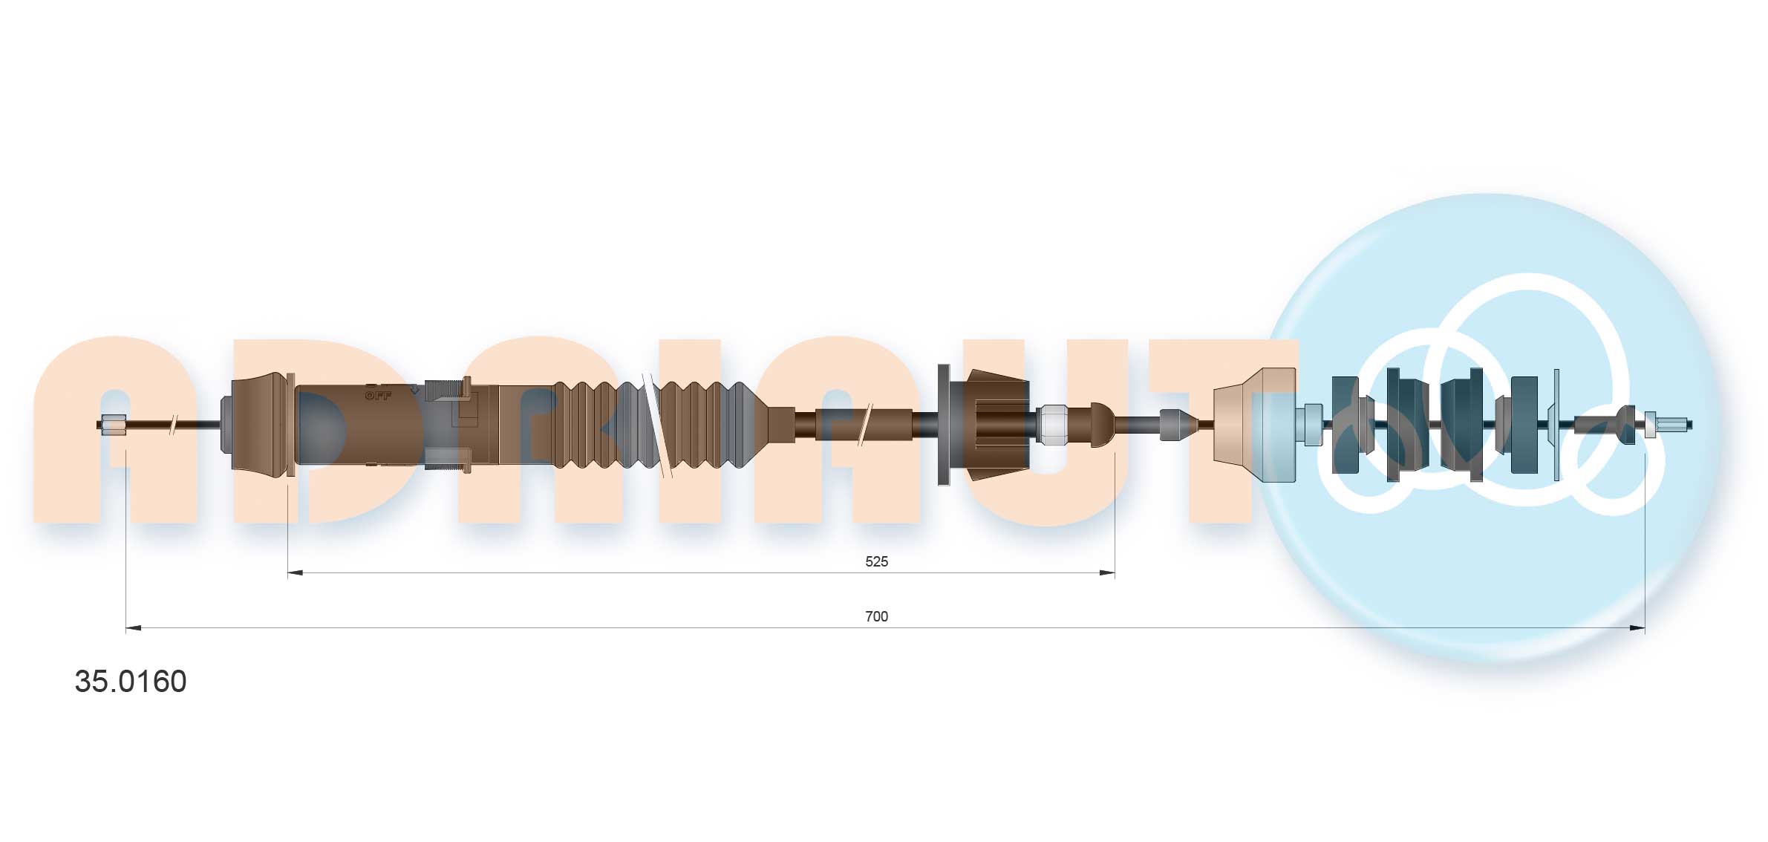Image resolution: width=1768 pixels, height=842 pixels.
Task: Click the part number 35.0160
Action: [x=131, y=682]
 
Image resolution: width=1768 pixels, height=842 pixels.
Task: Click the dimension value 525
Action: [x=876, y=561]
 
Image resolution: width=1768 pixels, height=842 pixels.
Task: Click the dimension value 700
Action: [x=876, y=616]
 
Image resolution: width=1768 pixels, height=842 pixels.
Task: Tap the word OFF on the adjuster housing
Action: [x=378, y=396]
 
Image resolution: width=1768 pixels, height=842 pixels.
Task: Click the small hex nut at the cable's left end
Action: [x=114, y=425]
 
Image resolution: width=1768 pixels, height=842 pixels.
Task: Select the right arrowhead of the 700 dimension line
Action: [x=1637, y=628]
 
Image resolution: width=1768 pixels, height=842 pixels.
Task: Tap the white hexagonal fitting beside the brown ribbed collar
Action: [x=1052, y=425]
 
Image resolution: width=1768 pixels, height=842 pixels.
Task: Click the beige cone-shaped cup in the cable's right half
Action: [x=1251, y=425]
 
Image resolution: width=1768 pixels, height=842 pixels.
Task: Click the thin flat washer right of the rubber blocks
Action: [x=1556, y=425]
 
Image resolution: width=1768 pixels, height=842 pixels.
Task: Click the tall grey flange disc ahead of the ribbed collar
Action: [x=944, y=425]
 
